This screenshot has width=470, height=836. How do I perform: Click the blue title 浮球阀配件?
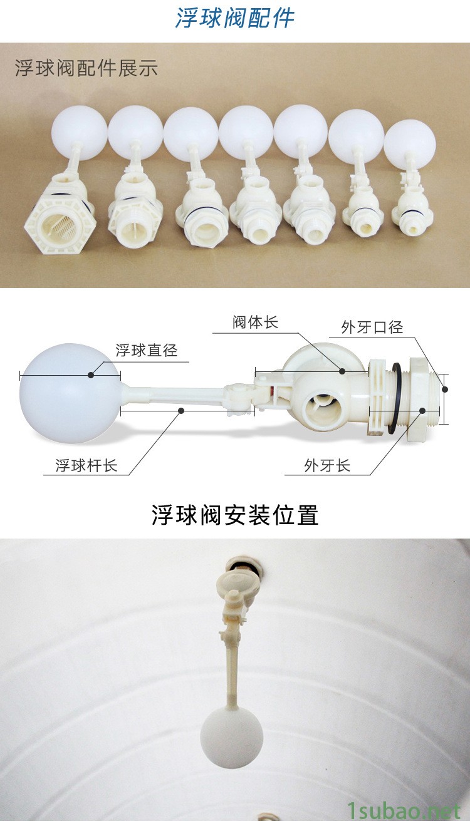tap(235, 17)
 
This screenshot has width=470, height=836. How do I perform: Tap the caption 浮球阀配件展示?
tap(86, 68)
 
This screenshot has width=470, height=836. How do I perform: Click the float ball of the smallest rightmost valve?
tap(410, 144)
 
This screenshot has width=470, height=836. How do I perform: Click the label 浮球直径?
tap(147, 350)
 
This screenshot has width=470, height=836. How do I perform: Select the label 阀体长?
tap(256, 322)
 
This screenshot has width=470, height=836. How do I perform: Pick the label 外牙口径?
tap(372, 328)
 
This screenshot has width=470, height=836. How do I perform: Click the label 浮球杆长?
tap(86, 465)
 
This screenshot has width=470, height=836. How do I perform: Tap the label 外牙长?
tap(327, 465)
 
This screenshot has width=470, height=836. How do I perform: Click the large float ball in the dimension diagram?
tap(70, 393)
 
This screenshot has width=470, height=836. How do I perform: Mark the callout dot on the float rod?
tap(181, 411)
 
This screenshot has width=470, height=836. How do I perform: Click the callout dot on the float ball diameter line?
tap(91, 374)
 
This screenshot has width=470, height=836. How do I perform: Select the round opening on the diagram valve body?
tap(323, 408)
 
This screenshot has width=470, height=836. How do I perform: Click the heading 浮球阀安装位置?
tap(235, 515)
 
